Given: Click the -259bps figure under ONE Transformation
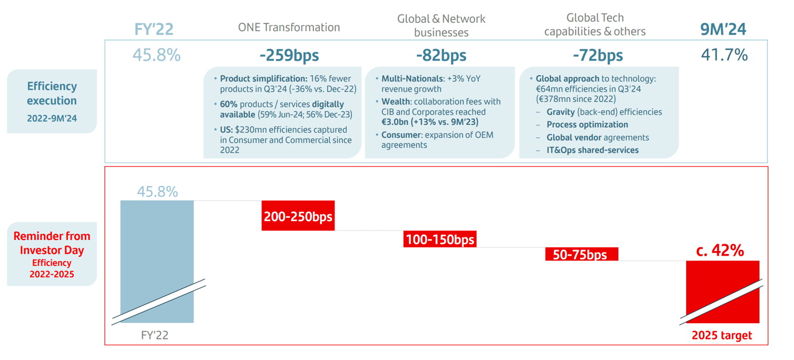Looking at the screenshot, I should coord(289,56).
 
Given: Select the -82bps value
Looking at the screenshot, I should coord(441,56).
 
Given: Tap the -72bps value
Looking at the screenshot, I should coord(597,56).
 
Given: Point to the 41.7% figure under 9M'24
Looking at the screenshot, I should coord(724,55).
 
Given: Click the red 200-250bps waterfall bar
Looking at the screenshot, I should coord(298,216).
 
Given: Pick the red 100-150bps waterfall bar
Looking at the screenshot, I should coord(440,239).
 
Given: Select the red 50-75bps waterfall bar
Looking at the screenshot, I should coord(581,254).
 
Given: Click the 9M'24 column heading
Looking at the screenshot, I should coord(723,29).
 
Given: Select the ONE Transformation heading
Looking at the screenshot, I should coord(288,27).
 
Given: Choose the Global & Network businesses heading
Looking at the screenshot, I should coord(441,26).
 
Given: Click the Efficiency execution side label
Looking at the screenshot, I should coord(52,100).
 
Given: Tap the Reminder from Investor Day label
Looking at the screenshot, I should coord(52,243).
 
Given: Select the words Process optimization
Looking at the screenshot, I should coord(587,124).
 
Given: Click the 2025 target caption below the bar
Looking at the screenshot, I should coord(721,336).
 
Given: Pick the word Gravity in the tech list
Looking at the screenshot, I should coord(561,112).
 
